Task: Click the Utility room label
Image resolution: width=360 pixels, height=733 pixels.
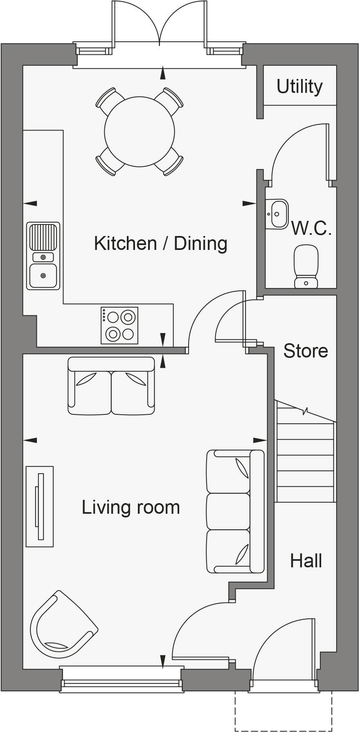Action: point(299,87)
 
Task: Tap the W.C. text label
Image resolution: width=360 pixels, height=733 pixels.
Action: point(311,228)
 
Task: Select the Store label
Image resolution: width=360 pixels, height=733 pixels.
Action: point(306,351)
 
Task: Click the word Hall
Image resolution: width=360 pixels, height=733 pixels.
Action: point(306,561)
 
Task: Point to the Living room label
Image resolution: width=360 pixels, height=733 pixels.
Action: point(131,507)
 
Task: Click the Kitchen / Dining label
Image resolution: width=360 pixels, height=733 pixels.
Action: point(160,243)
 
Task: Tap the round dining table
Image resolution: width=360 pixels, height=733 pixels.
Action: point(139,132)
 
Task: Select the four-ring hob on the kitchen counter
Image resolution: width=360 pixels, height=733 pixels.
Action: point(119,326)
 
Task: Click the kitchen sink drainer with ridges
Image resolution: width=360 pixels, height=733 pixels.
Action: point(43,237)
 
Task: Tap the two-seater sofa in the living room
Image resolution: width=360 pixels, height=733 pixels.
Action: point(111,386)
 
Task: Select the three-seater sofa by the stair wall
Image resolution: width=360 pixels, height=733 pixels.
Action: point(235,511)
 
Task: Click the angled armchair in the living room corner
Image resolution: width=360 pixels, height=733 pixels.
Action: point(61,626)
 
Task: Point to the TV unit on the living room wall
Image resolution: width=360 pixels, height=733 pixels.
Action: point(40,506)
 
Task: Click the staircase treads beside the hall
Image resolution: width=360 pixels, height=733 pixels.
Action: point(305,462)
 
